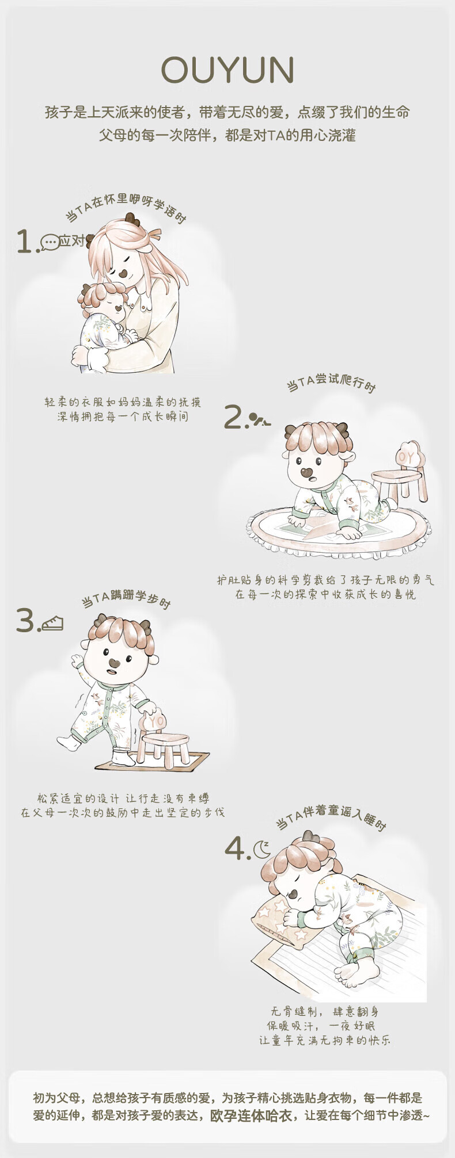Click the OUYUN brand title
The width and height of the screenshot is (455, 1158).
tap(227, 70)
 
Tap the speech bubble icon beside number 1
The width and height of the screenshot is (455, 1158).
tap(50, 242)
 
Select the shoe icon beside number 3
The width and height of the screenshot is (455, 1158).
tap(52, 623)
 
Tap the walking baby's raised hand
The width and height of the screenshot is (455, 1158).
tap(77, 659)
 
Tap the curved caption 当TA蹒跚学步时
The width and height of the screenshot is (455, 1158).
tap(126, 600)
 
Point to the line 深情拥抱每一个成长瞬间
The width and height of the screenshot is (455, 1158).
tap(123, 416)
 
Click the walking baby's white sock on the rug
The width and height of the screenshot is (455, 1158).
tap(123, 757)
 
